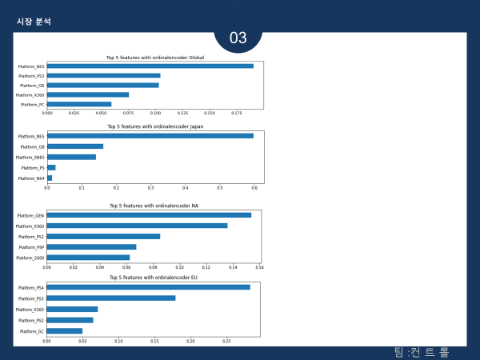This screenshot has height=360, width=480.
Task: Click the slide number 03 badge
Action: coord(238,38)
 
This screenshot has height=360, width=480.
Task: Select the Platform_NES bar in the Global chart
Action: coord(150,66)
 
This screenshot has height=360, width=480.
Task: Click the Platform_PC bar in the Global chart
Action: coord(79,104)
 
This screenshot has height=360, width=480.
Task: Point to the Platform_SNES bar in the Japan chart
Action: coord(72,157)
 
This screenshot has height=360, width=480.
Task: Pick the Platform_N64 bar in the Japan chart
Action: coord(50,178)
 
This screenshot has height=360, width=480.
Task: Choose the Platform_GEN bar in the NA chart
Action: coord(149,215)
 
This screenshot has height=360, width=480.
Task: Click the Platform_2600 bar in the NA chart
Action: coord(88,258)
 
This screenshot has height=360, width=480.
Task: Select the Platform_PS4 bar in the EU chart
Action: coord(148,287)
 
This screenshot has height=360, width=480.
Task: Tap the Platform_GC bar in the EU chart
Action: coord(64,330)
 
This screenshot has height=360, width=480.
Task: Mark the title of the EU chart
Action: coord(153,278)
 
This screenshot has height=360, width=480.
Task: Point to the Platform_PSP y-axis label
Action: coord(31,247)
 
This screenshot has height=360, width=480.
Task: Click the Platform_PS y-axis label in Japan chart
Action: coord(33,168)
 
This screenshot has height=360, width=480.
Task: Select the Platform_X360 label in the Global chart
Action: coord(30,94)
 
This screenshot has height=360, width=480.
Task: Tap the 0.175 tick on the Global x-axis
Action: coord(237,114)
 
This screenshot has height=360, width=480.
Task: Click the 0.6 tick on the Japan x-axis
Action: coord(254,188)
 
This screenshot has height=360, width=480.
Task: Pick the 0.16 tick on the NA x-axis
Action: coord(259,267)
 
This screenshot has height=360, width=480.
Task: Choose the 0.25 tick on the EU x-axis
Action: coord(226,341)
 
